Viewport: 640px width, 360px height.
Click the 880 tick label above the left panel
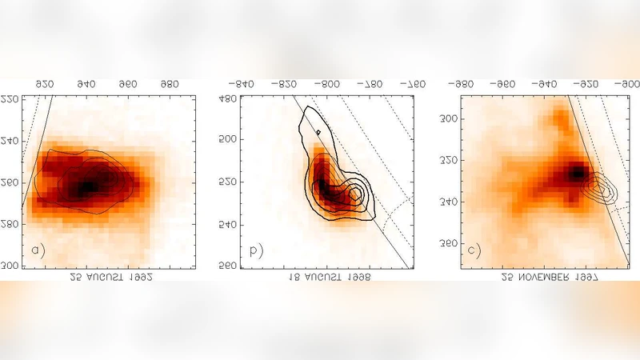click(x=169, y=83)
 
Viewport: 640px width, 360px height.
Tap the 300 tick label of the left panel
click(x=10, y=266)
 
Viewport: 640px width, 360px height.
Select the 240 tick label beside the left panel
click(x=10, y=142)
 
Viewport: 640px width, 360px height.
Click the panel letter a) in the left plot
click(x=38, y=250)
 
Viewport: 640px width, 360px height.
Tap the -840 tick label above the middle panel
click(x=242, y=83)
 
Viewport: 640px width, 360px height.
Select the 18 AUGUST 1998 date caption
click(x=329, y=276)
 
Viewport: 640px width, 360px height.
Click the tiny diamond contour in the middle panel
click(x=318, y=132)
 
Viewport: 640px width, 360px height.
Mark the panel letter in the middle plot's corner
click(x=256, y=250)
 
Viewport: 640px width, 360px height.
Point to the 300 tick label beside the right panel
click(x=447, y=119)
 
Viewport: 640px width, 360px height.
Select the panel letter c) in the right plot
click(x=474, y=250)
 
